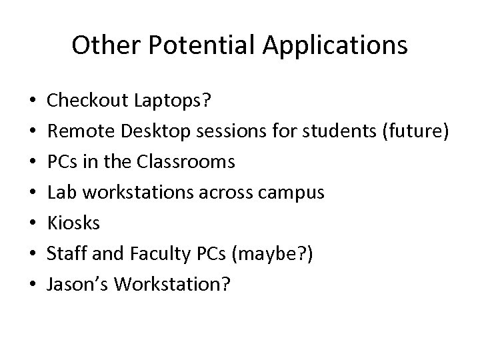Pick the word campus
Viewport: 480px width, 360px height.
click(x=294, y=193)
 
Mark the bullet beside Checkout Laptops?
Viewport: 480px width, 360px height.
click(x=33, y=101)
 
